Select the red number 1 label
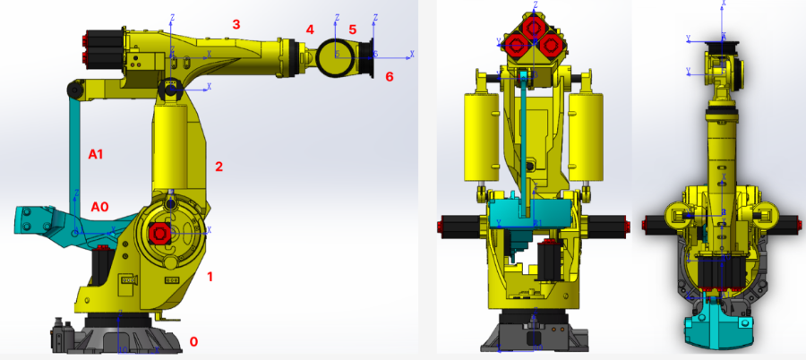(x=210, y=277)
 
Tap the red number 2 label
(x=218, y=167)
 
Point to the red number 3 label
(x=236, y=24)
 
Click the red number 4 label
(x=310, y=30)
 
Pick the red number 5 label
(x=353, y=30)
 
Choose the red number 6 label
(x=389, y=77)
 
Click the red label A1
(x=96, y=154)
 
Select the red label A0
(x=99, y=207)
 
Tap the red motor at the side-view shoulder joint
(x=159, y=233)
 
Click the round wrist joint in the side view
(x=337, y=55)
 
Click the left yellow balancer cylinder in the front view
(x=480, y=139)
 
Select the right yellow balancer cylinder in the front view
(x=587, y=139)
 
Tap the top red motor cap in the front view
(x=534, y=24)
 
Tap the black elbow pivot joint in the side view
(x=170, y=89)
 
